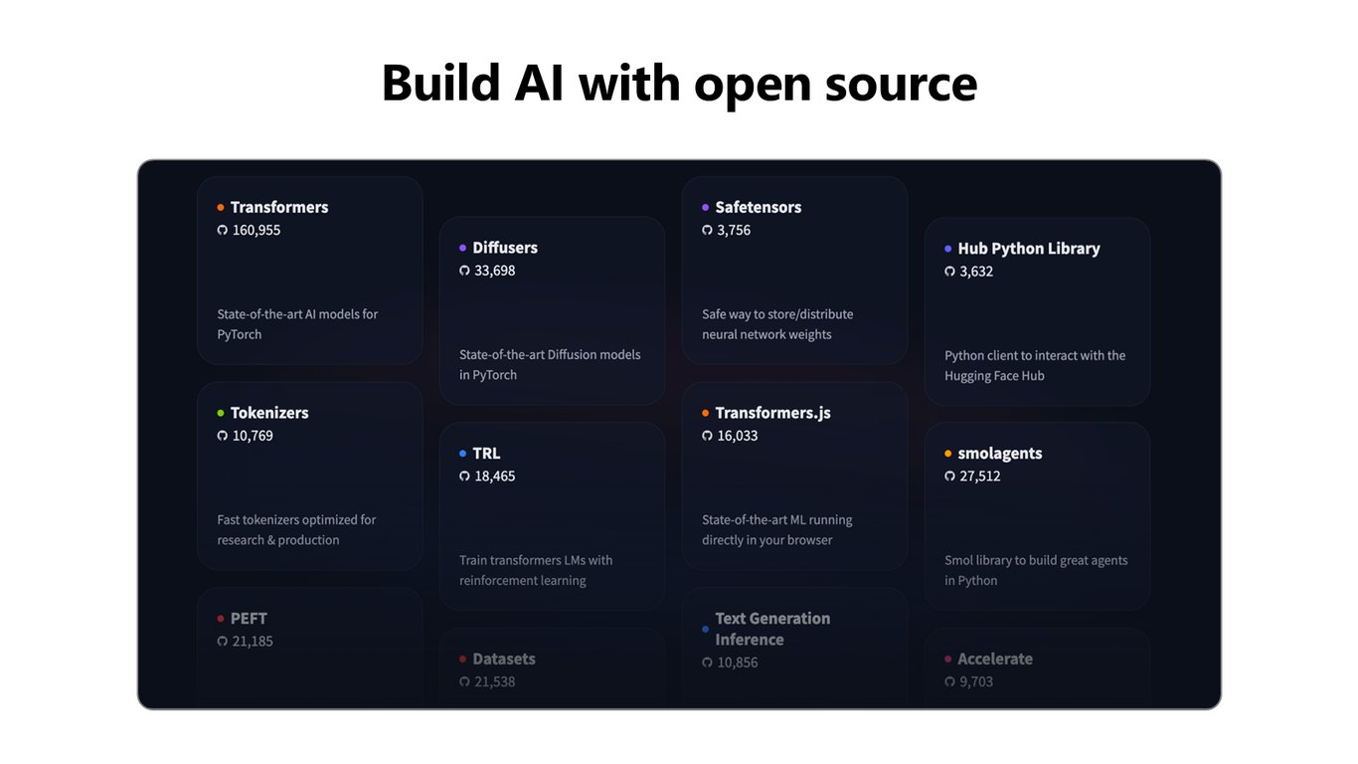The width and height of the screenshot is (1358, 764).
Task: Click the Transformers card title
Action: click(279, 208)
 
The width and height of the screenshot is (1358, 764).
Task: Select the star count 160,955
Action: click(255, 230)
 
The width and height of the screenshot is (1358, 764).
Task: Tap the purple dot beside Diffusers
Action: click(462, 248)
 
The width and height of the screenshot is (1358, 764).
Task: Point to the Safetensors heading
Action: click(758, 208)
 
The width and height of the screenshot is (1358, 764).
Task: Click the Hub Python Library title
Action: click(1028, 249)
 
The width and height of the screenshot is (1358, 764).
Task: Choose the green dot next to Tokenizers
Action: click(221, 413)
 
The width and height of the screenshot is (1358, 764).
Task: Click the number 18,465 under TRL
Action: click(495, 477)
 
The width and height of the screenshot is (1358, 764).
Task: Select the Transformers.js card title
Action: click(772, 413)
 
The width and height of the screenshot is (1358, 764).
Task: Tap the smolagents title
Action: click(1000, 454)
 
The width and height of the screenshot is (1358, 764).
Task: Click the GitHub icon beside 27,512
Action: click(949, 477)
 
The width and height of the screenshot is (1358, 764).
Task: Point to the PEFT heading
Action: click(249, 619)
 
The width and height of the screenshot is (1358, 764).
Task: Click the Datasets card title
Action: click(504, 659)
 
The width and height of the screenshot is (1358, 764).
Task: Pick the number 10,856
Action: click(738, 663)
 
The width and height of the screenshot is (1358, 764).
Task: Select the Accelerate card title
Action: click(995, 659)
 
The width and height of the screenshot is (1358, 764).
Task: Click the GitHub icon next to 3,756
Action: click(707, 230)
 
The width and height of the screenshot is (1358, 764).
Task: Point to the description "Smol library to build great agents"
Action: click(1036, 561)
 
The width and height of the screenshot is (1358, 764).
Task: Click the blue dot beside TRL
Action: click(462, 454)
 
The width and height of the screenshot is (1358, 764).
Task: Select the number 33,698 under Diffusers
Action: click(495, 271)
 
